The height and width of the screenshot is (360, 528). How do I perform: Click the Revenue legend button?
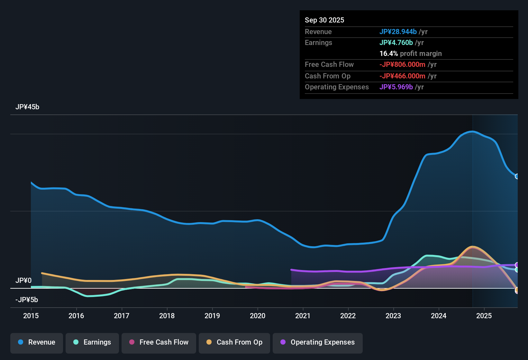click(37, 342)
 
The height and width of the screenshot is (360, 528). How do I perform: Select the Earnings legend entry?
click(92, 342)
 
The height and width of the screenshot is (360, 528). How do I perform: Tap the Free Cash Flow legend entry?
click(159, 342)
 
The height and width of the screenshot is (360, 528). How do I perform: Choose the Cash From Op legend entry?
click(234, 342)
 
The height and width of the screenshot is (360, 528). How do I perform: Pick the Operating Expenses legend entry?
click(318, 342)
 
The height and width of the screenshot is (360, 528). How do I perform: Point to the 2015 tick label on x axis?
click(31, 316)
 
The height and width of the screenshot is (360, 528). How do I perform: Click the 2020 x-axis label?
click(258, 316)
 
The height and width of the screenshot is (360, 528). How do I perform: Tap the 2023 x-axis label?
click(393, 316)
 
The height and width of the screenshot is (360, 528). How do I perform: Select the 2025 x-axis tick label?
click(484, 316)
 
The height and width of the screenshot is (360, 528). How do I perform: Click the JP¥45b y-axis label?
click(27, 107)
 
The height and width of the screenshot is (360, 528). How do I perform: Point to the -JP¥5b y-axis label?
click(27, 300)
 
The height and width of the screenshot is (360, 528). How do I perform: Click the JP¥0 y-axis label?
click(23, 281)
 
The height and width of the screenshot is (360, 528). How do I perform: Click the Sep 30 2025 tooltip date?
click(324, 20)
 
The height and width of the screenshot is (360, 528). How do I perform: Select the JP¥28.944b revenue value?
click(398, 32)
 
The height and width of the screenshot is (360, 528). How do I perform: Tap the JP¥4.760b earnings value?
click(396, 43)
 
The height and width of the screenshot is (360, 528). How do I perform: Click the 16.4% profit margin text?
click(411, 54)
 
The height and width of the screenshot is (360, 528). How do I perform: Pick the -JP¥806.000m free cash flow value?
click(402, 65)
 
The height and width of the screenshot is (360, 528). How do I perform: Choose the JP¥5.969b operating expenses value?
click(396, 87)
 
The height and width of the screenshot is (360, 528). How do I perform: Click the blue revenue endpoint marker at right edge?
click(517, 176)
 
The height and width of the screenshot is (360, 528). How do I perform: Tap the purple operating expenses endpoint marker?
click(517, 265)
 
